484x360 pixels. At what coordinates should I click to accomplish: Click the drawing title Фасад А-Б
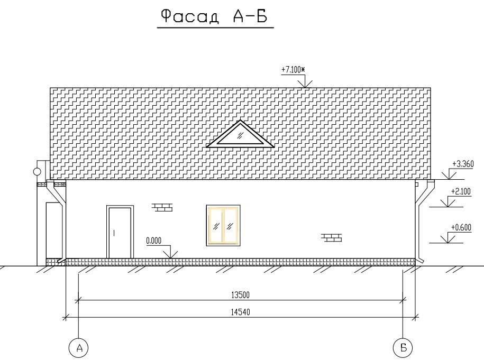pos(214,16)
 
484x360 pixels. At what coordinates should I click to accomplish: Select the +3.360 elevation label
pos(463,164)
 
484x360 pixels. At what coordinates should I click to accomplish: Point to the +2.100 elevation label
pos(461,191)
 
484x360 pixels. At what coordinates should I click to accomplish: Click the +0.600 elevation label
pos(461,228)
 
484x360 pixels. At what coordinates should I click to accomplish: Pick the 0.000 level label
pos(154,241)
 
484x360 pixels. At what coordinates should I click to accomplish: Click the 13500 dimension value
pos(240,295)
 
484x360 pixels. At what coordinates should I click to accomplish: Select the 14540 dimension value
pos(241,312)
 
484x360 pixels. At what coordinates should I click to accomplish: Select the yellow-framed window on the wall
pos(223,225)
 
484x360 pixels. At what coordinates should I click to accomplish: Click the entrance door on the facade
pos(120,232)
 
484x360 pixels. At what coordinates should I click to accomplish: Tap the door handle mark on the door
pos(114,233)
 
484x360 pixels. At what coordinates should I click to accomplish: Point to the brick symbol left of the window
pos(162,207)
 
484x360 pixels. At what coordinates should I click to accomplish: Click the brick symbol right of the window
pos(332,237)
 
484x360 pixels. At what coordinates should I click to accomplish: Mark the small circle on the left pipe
pos(36,172)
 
